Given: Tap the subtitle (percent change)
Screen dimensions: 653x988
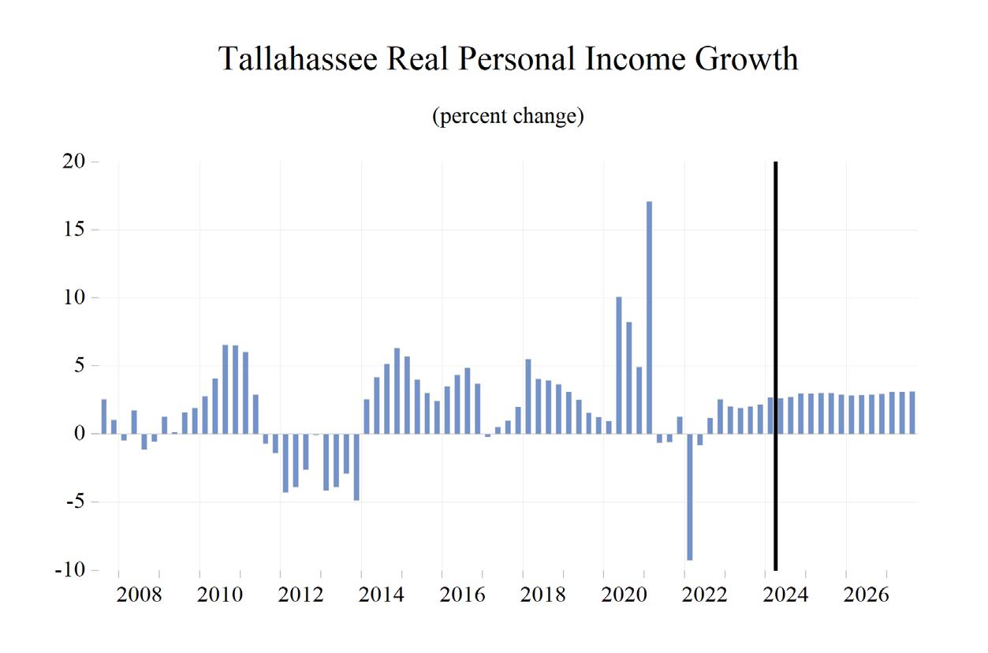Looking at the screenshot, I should coord(508,117).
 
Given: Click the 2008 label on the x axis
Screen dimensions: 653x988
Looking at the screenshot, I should coord(140,595).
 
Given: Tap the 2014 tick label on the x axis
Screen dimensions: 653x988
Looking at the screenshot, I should coord(382,595).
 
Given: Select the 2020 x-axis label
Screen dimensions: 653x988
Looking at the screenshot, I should coord(624,595).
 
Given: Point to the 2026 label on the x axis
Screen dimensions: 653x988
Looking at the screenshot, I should coord(866,595).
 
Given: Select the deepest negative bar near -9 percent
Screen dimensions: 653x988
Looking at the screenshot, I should coord(690,497).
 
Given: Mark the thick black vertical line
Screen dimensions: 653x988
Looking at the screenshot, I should coord(776,366).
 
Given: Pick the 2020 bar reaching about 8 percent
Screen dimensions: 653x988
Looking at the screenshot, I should coord(629,378).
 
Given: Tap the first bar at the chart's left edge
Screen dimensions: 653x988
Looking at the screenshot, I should coord(104,416).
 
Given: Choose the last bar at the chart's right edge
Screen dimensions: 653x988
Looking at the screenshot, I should coord(912,412).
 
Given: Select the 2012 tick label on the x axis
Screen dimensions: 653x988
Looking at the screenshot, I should coord(301,595).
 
